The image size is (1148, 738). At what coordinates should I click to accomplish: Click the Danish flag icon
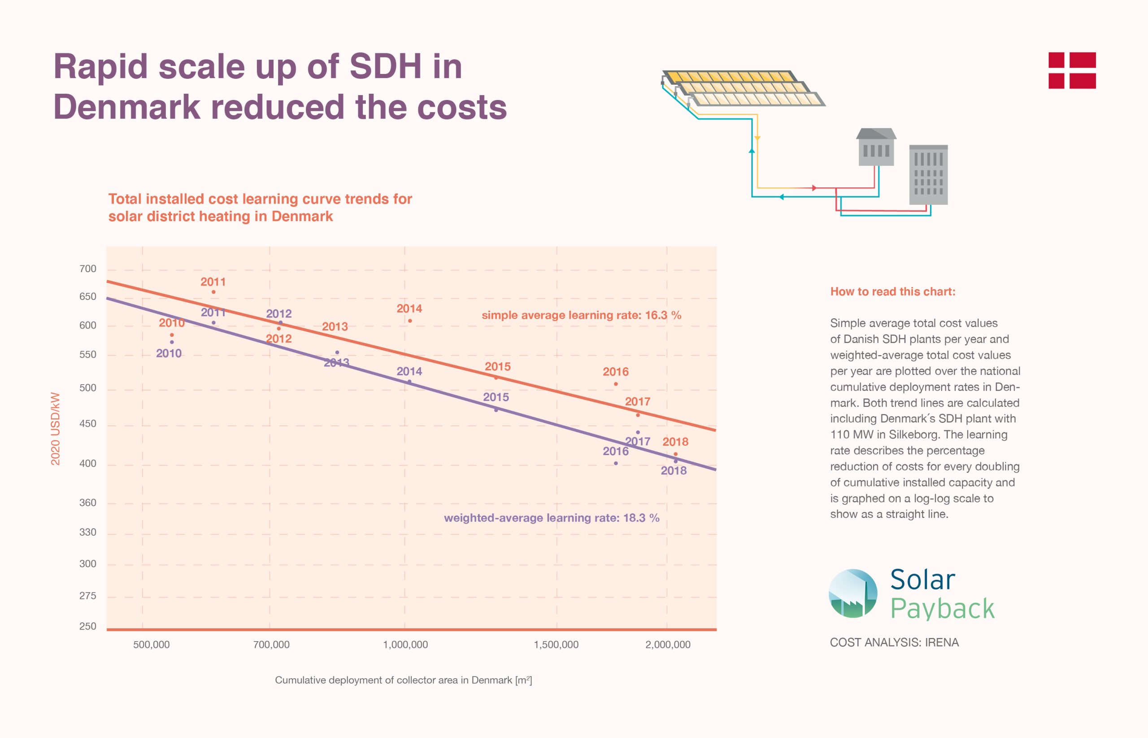(1072, 70)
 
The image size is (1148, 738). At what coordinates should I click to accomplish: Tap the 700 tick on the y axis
(88, 269)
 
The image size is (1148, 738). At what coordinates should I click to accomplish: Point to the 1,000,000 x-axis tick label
(405, 645)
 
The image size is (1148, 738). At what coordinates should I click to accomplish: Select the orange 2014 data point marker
(410, 321)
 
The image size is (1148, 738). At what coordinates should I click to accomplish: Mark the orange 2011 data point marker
(213, 292)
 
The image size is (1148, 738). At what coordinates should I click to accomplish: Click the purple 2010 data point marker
(172, 342)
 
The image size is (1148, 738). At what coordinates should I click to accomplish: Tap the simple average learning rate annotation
(581, 315)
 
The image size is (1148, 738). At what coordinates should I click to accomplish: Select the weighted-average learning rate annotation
(551, 518)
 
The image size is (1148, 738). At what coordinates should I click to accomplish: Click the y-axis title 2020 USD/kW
(56, 429)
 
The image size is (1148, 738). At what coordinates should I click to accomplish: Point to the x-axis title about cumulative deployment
(403, 680)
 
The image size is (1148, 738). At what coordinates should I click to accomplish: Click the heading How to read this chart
(892, 292)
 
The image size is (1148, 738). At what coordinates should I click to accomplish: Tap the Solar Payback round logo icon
(853, 593)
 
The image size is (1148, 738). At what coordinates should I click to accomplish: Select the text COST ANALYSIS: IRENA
(894, 642)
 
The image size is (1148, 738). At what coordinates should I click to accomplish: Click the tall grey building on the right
(928, 175)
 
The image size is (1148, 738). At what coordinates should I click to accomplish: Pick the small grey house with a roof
(876, 147)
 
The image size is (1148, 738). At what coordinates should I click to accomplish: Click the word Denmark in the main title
(127, 107)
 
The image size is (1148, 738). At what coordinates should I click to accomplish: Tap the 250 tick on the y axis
(88, 626)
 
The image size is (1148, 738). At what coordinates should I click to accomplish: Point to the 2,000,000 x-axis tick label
(668, 645)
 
